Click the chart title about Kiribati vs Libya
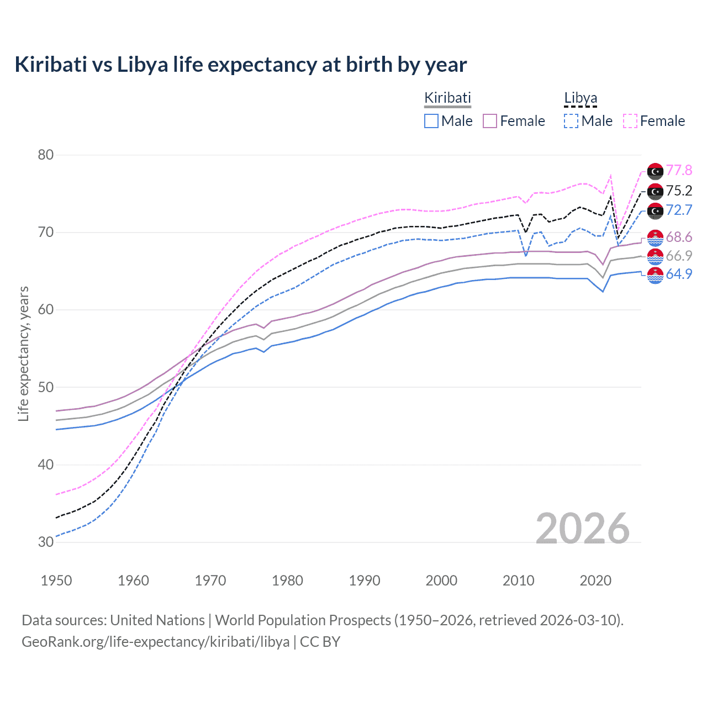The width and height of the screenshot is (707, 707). point(241,65)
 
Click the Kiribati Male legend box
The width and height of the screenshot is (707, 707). point(431,121)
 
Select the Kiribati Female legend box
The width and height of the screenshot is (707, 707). point(490,121)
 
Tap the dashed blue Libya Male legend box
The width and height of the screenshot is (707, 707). point(571,121)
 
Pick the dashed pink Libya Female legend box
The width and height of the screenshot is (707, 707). point(630,121)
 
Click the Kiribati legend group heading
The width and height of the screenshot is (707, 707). point(447,98)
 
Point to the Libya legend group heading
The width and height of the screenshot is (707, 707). point(581,98)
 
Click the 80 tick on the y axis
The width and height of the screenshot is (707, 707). point(46,155)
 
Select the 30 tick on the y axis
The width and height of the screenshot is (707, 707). point(46,542)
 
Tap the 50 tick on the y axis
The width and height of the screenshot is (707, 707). point(46,387)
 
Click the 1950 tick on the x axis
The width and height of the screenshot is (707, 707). point(56,581)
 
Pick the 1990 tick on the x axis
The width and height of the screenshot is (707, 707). point(365,581)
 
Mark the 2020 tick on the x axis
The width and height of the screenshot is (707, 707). point(595,581)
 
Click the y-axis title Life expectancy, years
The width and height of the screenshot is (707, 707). point(24,354)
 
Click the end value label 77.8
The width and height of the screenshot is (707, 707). point(679,171)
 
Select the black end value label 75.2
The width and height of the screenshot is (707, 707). point(679,191)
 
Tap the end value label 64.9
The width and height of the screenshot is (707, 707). point(679,275)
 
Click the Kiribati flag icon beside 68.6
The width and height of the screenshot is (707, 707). point(655,238)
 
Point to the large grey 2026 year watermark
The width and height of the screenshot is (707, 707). point(583,529)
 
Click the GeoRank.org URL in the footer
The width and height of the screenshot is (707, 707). point(155,642)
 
